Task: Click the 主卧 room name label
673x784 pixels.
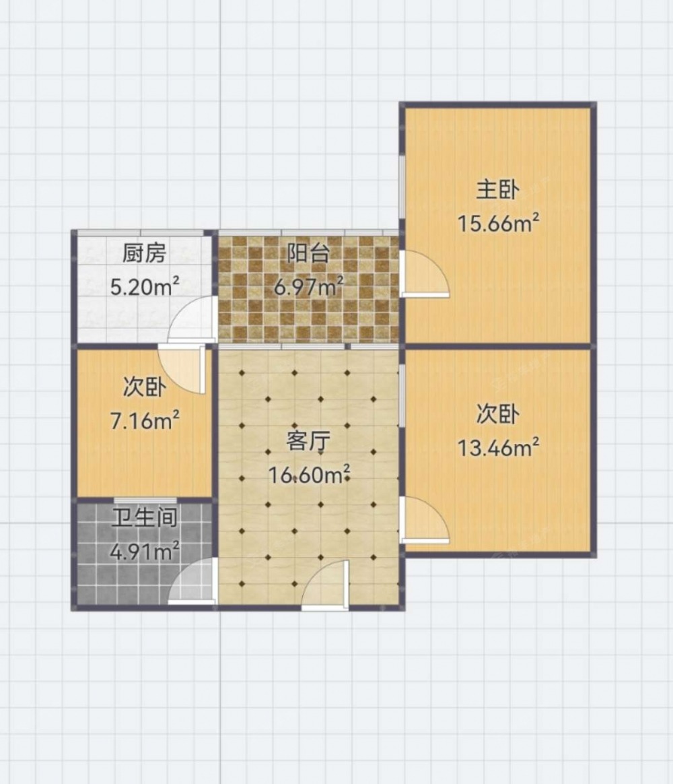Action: click(x=497, y=190)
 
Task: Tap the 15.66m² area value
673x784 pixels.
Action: click(x=498, y=223)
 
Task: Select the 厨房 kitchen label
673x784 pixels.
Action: click(x=144, y=253)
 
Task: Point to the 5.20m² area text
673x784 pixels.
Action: click(x=145, y=287)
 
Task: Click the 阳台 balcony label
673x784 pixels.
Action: click(x=308, y=253)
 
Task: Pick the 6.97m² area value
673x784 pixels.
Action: click(x=308, y=287)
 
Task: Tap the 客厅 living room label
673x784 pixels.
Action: click(x=308, y=441)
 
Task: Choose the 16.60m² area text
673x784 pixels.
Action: click(x=309, y=474)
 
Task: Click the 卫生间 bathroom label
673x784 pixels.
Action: click(x=145, y=518)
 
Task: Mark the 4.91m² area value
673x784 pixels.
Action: click(x=145, y=552)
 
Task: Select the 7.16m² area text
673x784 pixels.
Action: click(x=145, y=421)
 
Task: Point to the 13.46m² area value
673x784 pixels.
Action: click(x=498, y=447)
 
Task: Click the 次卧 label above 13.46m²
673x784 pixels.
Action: click(x=497, y=414)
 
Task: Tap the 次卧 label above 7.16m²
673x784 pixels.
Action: click(x=145, y=387)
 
